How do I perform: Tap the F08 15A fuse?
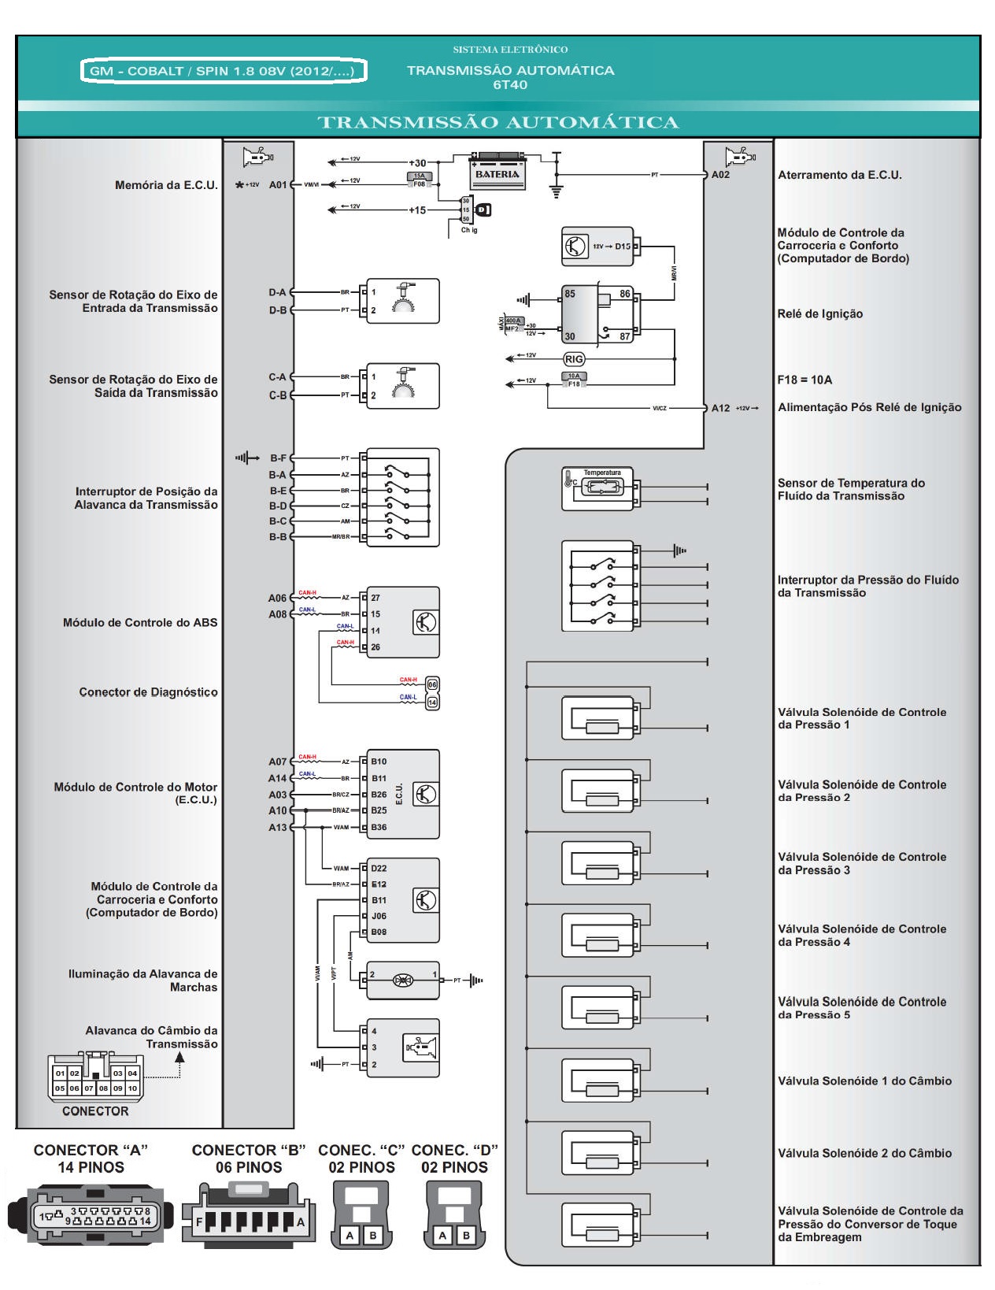(419, 180)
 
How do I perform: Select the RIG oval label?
(574, 359)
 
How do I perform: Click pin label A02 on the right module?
(720, 175)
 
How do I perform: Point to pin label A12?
(720, 408)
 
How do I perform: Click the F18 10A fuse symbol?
(574, 380)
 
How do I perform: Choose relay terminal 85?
(570, 295)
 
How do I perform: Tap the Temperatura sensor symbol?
(601, 487)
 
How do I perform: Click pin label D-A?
(277, 293)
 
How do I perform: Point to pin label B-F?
(278, 458)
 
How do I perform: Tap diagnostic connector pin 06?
(432, 684)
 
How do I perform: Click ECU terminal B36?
(379, 828)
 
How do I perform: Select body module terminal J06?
(379, 917)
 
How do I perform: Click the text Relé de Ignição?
(820, 314)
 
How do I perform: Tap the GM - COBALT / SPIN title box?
(224, 71)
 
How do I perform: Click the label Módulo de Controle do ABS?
(140, 623)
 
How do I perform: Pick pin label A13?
(277, 828)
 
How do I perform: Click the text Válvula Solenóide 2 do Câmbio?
(864, 1154)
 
